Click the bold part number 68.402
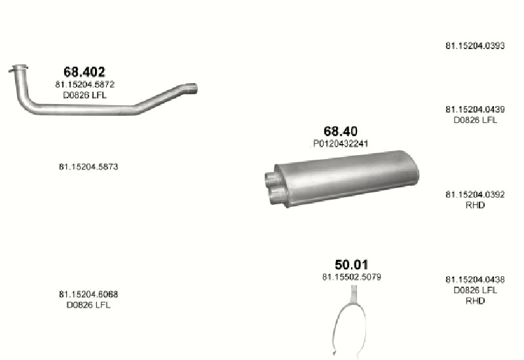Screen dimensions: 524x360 pos(84,72)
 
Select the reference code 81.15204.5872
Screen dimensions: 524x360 pos(85,84)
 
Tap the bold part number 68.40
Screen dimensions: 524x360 pos(340,132)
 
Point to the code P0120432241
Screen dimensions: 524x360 pos(341,143)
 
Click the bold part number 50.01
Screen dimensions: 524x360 pos(351,264)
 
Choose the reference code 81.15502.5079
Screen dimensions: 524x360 pos(352,277)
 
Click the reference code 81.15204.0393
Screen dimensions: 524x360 pos(475,46)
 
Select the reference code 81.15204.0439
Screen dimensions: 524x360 pos(475,109)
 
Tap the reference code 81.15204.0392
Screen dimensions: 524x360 pos(475,194)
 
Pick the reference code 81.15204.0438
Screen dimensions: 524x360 pos(475,279)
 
